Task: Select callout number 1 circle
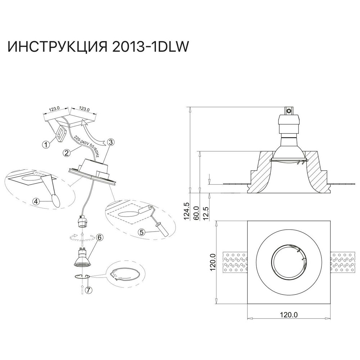coord(46,144)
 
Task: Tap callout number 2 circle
coord(66,153)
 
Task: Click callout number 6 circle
coord(99,237)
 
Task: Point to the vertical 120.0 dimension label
coord(212,262)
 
